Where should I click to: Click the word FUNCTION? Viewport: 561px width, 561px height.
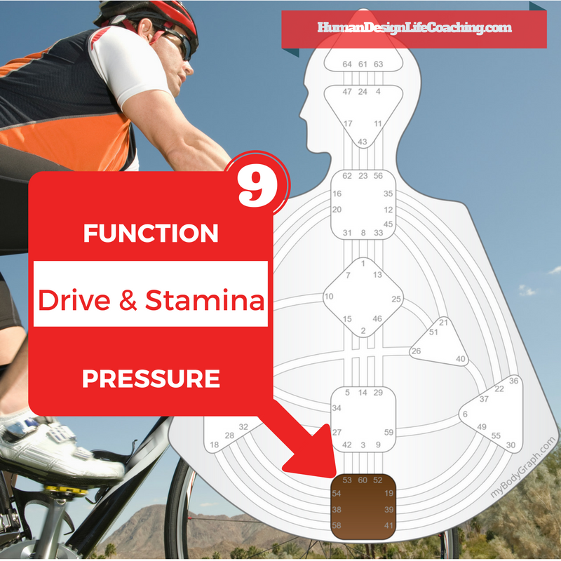pyautogui.click(x=151, y=234)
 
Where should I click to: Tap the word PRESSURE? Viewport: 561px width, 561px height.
pyautogui.click(x=151, y=379)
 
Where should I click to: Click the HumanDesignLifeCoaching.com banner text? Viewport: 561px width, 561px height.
pyautogui.click(x=414, y=29)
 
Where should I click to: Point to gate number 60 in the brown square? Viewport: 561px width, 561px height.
pyautogui.click(x=363, y=480)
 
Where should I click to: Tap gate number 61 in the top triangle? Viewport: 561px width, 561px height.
pyautogui.click(x=363, y=65)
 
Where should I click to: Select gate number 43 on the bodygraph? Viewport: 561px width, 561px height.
pyautogui.click(x=363, y=142)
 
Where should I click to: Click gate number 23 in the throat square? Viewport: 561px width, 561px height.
pyautogui.click(x=363, y=176)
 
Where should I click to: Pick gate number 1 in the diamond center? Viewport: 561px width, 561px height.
pyautogui.click(x=363, y=264)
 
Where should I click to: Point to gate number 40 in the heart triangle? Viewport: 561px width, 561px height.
pyautogui.click(x=461, y=359)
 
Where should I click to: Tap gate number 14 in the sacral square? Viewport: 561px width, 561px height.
pyautogui.click(x=363, y=393)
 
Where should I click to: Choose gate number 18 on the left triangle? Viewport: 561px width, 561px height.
pyautogui.click(x=214, y=445)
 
